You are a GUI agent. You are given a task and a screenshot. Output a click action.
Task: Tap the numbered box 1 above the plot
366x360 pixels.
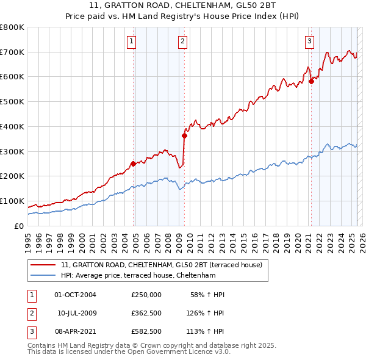(x=132, y=41)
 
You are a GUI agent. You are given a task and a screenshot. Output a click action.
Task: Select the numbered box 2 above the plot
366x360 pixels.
(x=182, y=41)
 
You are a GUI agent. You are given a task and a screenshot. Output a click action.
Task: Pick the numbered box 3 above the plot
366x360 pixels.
(x=310, y=41)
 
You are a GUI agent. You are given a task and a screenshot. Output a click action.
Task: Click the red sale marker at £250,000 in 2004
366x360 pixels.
(x=133, y=163)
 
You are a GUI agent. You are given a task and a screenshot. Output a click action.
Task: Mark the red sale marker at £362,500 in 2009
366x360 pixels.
(x=184, y=135)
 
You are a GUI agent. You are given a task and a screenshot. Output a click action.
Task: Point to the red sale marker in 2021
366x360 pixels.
(x=311, y=81)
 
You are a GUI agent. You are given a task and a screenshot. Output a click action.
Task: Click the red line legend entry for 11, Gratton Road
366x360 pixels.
(x=161, y=265)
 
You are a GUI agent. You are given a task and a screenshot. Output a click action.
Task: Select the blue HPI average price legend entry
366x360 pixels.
(x=147, y=275)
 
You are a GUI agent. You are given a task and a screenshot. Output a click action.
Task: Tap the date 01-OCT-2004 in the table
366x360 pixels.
(x=75, y=295)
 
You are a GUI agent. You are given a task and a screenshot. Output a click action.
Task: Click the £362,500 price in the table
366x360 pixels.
(x=146, y=314)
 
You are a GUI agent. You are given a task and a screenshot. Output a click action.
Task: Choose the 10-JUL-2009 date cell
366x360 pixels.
(x=77, y=314)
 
